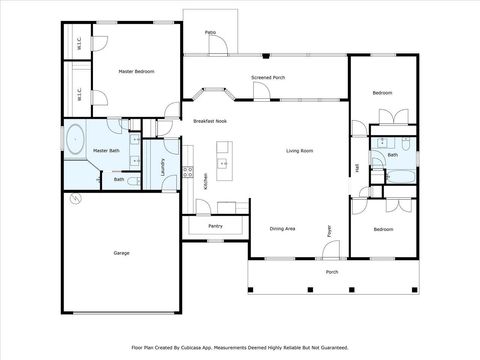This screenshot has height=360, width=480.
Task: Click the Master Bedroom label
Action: pos(136,72)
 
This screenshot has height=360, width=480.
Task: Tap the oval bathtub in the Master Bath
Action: pos(75,140)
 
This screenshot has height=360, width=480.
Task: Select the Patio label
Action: pos(210,33)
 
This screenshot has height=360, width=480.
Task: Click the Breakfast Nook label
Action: pos(209,121)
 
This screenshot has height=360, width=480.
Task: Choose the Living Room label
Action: pos(300,151)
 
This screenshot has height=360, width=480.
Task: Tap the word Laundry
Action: pos(163,166)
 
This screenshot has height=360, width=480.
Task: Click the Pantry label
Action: pos(215,226)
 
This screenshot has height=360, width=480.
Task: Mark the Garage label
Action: pos(120,253)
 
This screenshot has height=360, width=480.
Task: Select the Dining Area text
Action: pos(282,229)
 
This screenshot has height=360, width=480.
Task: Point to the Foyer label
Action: pos(328,231)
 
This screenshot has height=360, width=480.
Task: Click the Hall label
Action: pos(357,168)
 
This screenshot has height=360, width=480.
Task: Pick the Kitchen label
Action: pos(205,181)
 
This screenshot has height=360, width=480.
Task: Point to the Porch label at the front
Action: pos(331,272)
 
